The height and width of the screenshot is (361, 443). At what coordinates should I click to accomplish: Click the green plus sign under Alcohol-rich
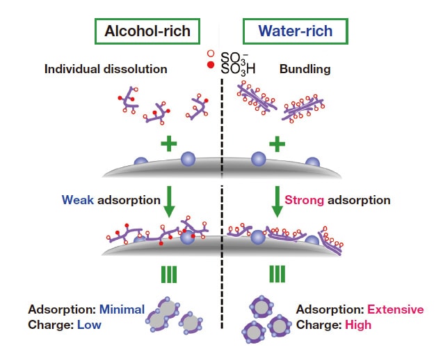(167, 144)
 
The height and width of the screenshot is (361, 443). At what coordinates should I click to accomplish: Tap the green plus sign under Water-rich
(277, 144)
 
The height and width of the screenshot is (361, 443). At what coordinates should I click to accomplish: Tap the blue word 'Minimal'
(121, 309)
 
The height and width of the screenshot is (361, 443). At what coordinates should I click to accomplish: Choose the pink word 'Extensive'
(395, 309)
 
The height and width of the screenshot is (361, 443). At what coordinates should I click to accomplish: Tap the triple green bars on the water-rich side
(277, 274)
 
